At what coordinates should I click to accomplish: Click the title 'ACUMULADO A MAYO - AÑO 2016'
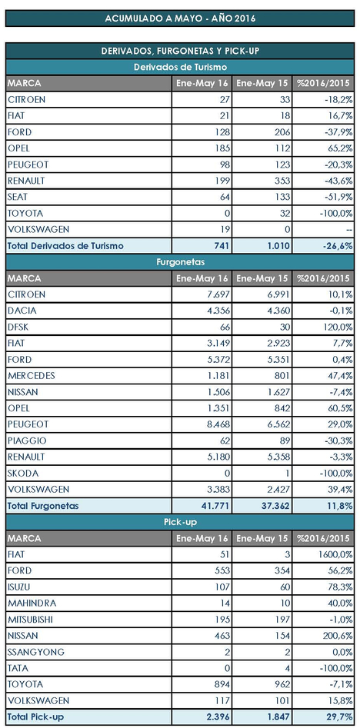(x=180, y=18)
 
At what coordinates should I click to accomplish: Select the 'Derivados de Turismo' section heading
(x=180, y=68)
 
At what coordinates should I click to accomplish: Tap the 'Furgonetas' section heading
(x=180, y=262)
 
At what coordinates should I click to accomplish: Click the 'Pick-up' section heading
(x=180, y=522)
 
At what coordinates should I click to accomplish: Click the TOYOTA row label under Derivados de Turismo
(x=25, y=214)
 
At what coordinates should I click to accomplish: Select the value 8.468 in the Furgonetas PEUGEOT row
(x=217, y=424)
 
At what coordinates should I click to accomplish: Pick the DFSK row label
(x=18, y=327)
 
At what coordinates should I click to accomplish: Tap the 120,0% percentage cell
(x=338, y=327)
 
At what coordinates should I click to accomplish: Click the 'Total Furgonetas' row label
(x=43, y=506)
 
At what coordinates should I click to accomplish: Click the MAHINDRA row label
(x=32, y=603)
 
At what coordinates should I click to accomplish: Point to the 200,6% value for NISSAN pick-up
(x=338, y=636)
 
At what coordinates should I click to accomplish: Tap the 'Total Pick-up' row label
(x=35, y=717)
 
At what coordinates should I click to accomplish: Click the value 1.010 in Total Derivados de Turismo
(x=278, y=246)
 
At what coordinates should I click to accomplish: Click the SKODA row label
(x=23, y=473)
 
